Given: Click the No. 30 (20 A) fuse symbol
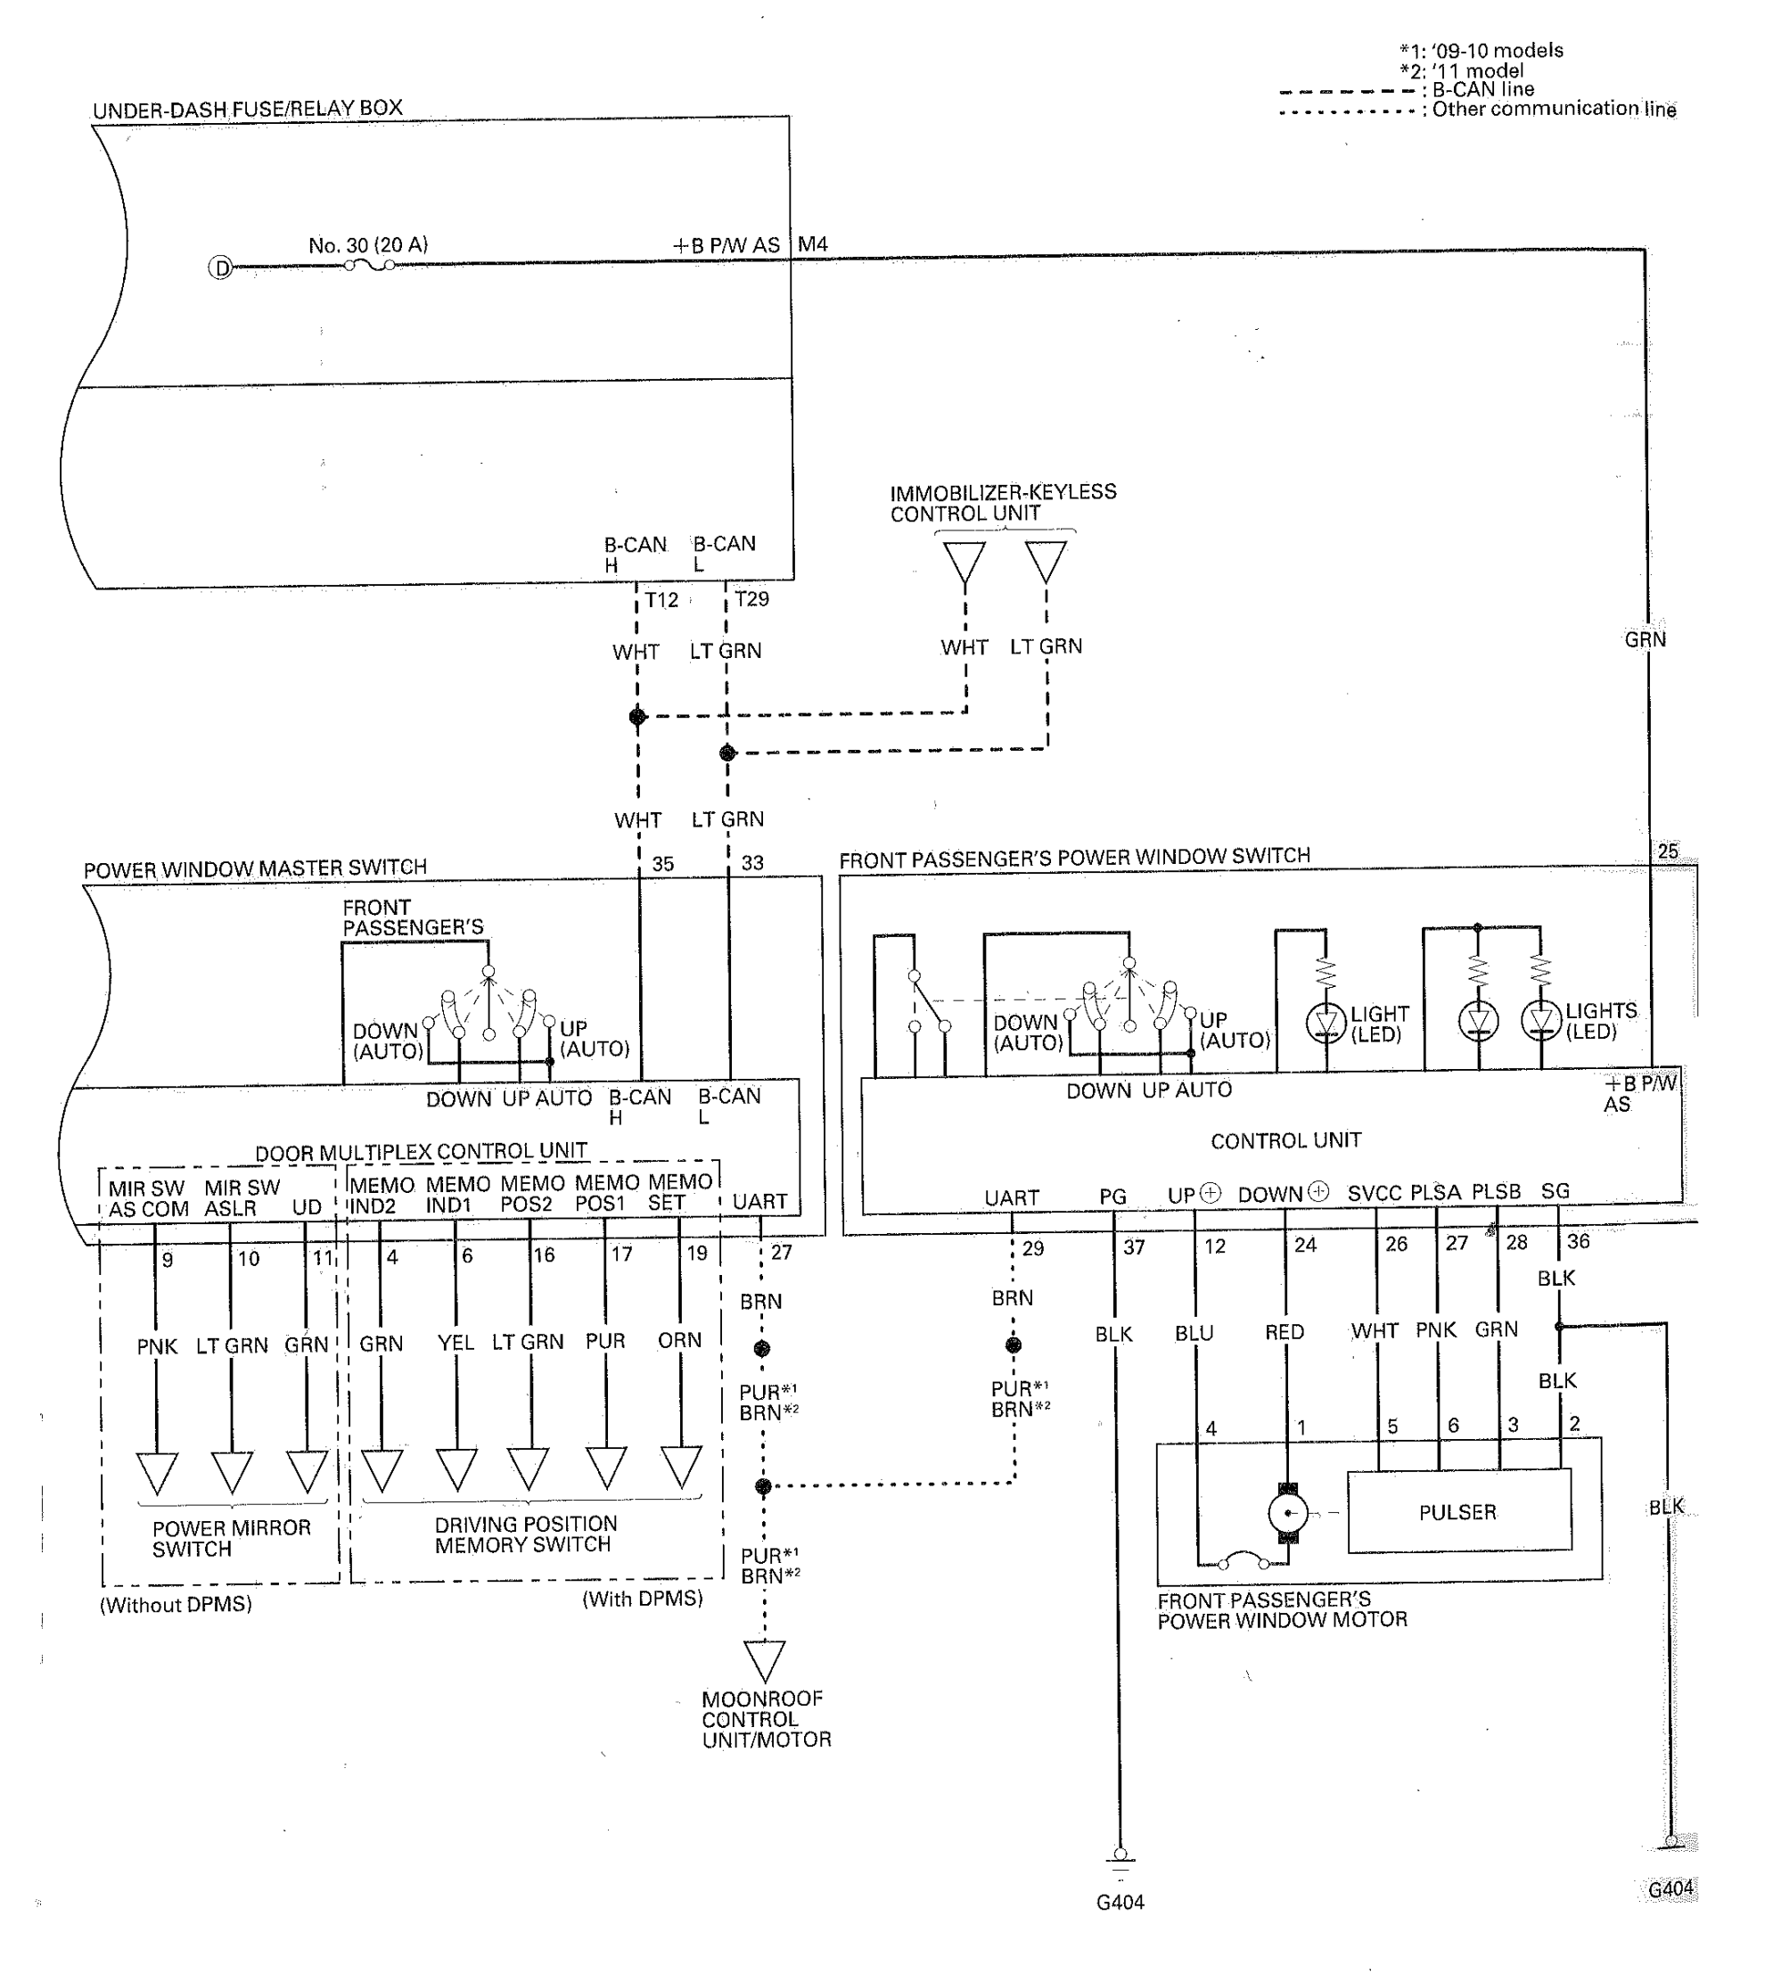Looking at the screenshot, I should click(x=369, y=264).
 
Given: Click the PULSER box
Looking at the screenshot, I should click(x=1458, y=1511).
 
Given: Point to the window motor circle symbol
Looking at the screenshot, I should click(x=1289, y=1513).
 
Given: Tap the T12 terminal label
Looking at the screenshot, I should click(x=661, y=599).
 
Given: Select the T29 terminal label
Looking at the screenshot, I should click(x=752, y=598).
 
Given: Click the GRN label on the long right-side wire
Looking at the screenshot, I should click(x=1646, y=639).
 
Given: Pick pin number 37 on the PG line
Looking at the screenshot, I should click(x=1134, y=1246).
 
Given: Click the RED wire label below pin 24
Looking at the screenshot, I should click(x=1284, y=1331).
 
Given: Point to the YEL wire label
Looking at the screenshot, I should click(x=455, y=1343).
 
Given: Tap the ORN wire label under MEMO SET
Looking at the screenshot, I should click(x=679, y=1340).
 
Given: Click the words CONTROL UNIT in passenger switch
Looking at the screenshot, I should click(x=1286, y=1140).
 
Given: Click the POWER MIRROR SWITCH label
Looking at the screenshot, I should click(x=231, y=1537).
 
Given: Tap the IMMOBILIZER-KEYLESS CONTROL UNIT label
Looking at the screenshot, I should click(x=1003, y=502).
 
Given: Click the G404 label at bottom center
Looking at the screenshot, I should click(x=1120, y=1901).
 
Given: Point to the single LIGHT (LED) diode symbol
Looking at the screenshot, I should click(x=1325, y=1022).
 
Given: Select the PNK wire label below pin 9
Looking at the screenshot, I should click(x=157, y=1345).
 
